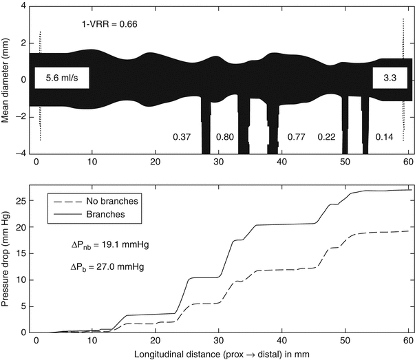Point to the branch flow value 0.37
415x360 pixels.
(x=182, y=137)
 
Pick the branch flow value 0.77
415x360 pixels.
(x=297, y=137)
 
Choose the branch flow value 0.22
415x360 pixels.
(x=326, y=137)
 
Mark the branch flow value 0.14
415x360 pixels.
(x=384, y=137)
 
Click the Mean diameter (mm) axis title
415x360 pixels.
(x=6, y=79)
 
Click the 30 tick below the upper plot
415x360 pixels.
(x=220, y=162)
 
